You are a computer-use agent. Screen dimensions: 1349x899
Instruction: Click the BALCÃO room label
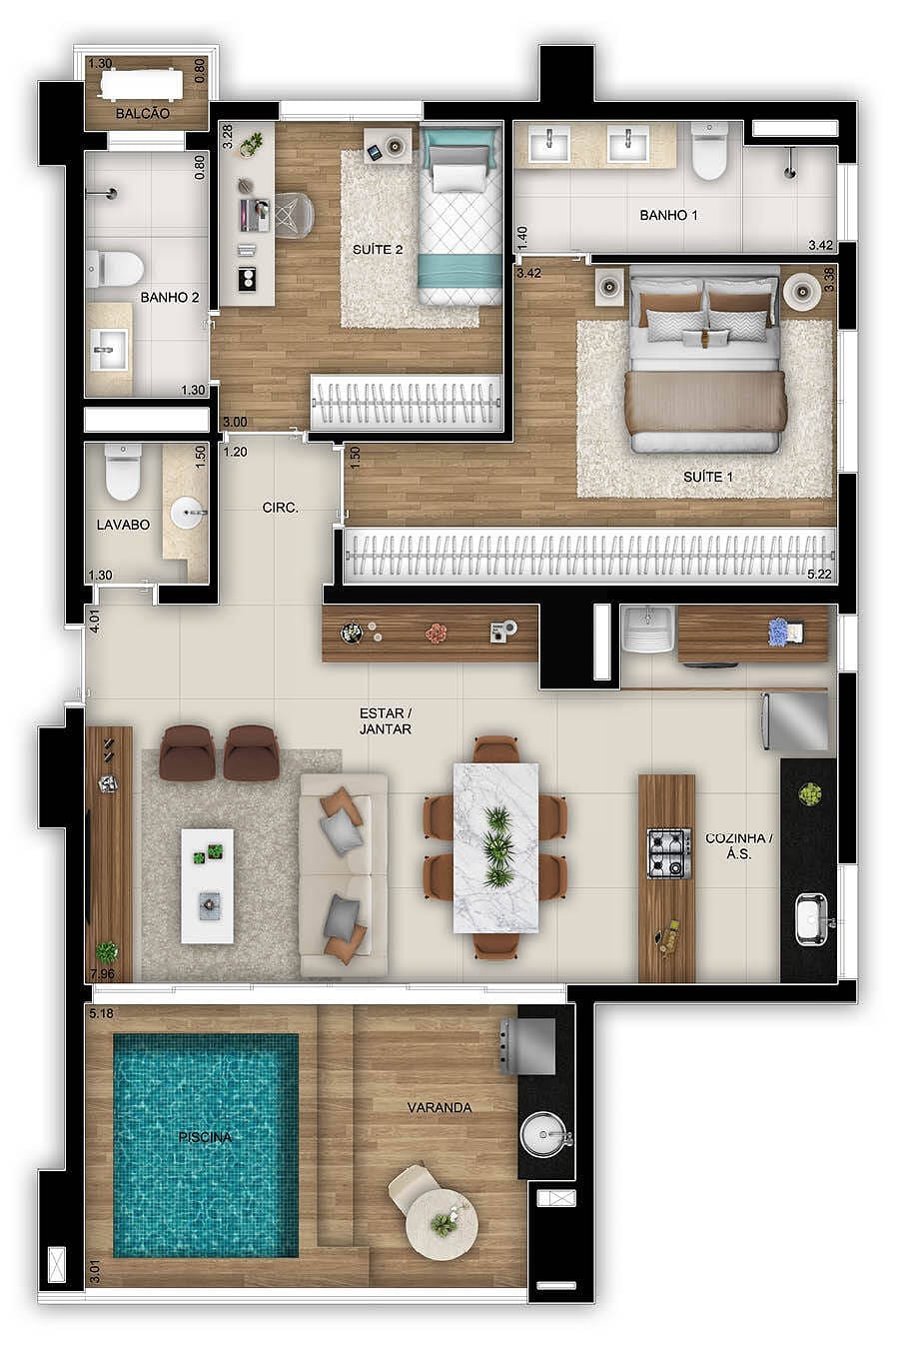tap(143, 114)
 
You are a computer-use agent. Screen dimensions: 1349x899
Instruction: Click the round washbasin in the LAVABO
tap(187, 514)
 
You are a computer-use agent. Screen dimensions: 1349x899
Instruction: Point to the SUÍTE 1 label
tap(708, 477)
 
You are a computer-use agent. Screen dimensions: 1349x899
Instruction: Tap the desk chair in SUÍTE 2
tap(294, 212)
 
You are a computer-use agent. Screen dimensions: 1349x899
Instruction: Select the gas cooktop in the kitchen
tap(669, 853)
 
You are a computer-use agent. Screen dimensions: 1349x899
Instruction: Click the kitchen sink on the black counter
tap(811, 919)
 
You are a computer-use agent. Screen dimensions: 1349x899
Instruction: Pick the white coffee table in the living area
tap(208, 885)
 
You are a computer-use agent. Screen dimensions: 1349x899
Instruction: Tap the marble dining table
tap(496, 847)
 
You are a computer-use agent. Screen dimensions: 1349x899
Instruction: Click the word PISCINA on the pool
tap(205, 1137)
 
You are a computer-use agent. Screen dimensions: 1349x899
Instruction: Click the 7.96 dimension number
tap(101, 973)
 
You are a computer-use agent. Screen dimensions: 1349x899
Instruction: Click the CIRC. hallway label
tap(281, 508)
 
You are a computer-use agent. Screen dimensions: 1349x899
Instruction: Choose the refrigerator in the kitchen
tap(796, 721)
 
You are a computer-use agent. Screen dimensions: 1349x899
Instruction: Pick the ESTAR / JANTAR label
tap(386, 721)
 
